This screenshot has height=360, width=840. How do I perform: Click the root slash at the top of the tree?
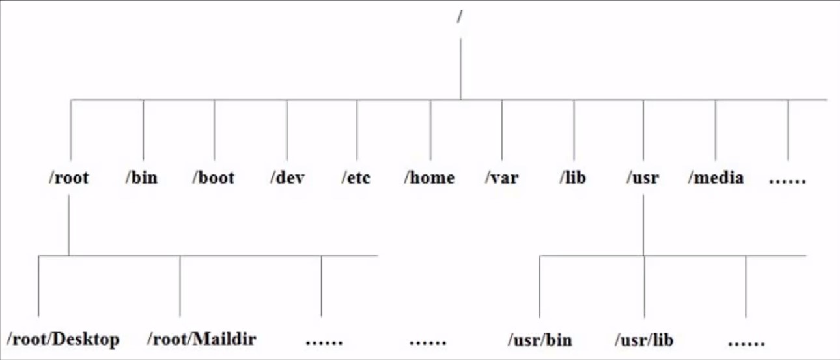coord(460,16)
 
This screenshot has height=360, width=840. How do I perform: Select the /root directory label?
coord(69,177)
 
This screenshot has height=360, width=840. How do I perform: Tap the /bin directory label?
coord(142,177)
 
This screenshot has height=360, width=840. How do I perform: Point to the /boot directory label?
coord(214,177)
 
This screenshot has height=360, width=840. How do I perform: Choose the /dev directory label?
coord(287,177)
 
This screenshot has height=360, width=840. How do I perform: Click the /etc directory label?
coord(356,177)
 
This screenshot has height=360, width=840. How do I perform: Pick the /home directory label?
coord(429,177)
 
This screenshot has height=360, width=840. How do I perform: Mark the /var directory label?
coord(502,177)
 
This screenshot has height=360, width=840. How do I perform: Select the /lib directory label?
coord(572,177)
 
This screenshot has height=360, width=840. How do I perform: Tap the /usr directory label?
coord(643,177)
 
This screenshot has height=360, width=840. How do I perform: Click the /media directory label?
coord(716,177)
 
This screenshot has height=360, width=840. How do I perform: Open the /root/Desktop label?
coord(63,340)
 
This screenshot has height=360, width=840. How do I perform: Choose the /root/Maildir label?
coord(202,339)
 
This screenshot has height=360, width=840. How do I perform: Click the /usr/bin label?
coord(540,340)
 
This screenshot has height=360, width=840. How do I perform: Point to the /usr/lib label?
coord(644,340)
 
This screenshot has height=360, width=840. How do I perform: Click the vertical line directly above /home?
coord(430,130)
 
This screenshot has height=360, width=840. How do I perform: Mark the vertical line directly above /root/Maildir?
coord(180,286)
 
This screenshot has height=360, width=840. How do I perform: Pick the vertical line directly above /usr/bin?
coord(540,287)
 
